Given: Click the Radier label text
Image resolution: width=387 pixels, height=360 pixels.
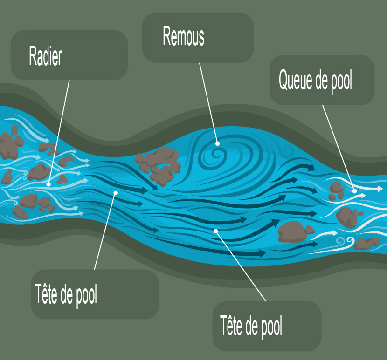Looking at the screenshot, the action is [45, 56].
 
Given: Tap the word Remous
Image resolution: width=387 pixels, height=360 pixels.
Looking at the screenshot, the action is [183, 37].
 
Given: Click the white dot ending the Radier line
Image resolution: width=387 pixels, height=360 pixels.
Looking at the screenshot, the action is [48, 184].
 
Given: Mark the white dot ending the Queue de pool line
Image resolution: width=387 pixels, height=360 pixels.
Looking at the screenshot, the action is [354, 191].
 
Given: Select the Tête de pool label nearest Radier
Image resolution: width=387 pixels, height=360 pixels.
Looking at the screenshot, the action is [66, 294].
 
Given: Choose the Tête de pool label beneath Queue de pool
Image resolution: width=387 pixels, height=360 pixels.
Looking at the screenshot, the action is [251, 326].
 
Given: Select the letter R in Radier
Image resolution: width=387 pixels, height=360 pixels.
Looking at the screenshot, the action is [33, 56].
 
